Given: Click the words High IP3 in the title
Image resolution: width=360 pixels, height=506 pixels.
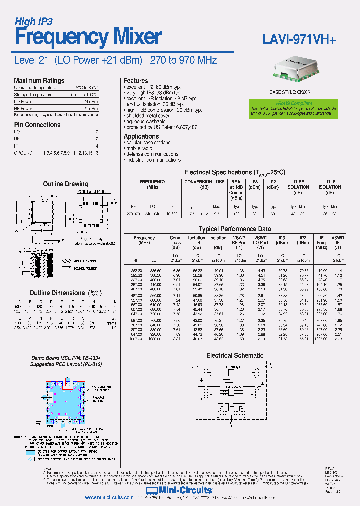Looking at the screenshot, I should pyautogui.click(x=33, y=21).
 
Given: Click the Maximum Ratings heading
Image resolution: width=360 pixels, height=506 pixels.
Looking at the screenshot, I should pyautogui.click(x=39, y=81).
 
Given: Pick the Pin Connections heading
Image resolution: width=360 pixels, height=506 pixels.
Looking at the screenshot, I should pyautogui.click(x=37, y=125).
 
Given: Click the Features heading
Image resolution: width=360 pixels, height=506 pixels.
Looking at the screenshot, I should pyautogui.click(x=136, y=81).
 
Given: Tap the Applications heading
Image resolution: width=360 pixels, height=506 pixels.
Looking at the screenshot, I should pyautogui.click(x=141, y=136).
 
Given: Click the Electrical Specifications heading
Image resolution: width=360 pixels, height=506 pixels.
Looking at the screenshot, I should pyautogui.click(x=235, y=172).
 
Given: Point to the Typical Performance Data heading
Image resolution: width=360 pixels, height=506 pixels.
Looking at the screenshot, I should pyautogui.click(x=235, y=229).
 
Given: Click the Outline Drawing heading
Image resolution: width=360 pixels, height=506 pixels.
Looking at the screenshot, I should pyautogui.click(x=65, y=184).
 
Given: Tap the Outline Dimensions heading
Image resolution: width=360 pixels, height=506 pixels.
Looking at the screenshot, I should pyautogui.click(x=57, y=293).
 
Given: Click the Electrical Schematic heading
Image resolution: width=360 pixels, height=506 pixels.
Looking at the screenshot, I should pyautogui.click(x=235, y=355).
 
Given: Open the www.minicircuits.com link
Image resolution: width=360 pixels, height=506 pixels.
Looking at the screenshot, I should pyautogui.click(x=108, y=498).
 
